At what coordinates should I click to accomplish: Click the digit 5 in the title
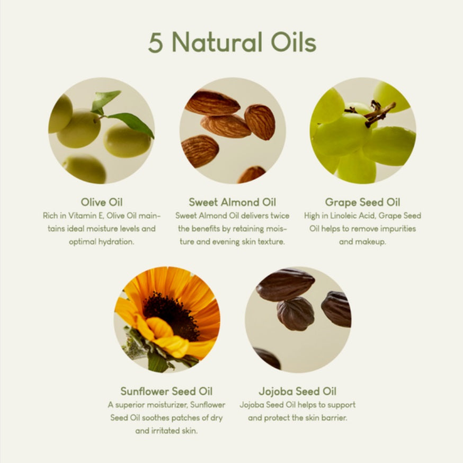pyautogui.click(x=156, y=42)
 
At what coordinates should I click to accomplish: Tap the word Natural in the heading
pyautogui.click(x=217, y=42)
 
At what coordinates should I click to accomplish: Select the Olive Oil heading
pyautogui.click(x=102, y=202)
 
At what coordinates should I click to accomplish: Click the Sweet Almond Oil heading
pyautogui.click(x=233, y=202)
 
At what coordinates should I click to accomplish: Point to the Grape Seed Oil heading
pyautogui.click(x=362, y=202)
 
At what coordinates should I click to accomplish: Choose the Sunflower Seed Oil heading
pyautogui.click(x=166, y=391)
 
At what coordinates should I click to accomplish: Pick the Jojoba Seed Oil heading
pyautogui.click(x=298, y=391)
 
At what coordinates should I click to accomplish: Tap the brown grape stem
pyautogui.click(x=375, y=113)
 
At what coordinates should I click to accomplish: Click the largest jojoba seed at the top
pyautogui.click(x=285, y=284)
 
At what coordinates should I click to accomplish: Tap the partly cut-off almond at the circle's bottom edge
pyautogui.click(x=252, y=174)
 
